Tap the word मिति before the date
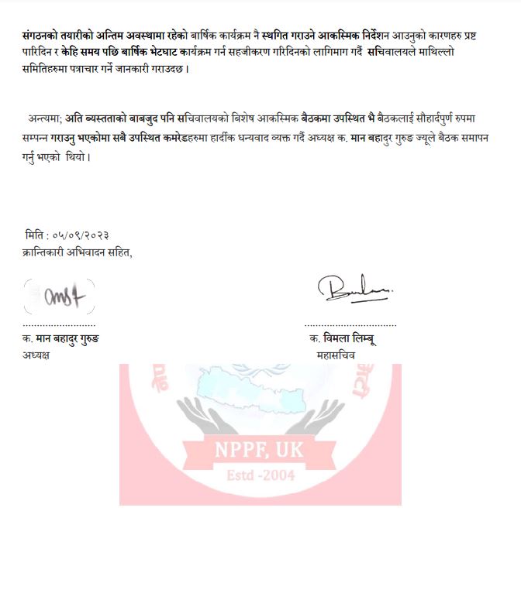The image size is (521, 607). (x=36, y=235)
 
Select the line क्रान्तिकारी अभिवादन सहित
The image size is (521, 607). (x=78, y=252)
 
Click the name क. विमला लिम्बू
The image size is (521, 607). (x=342, y=339)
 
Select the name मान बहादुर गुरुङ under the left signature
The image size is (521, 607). (x=67, y=339)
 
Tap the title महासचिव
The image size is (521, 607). (x=336, y=355)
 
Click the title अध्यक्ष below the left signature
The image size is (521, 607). (x=36, y=355)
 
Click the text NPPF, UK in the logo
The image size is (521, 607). (x=260, y=449)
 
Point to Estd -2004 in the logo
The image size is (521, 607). (x=260, y=475)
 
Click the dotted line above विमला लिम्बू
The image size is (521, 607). (x=350, y=325)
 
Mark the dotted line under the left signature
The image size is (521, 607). (x=59, y=325)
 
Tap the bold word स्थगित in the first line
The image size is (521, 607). (x=283, y=36)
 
